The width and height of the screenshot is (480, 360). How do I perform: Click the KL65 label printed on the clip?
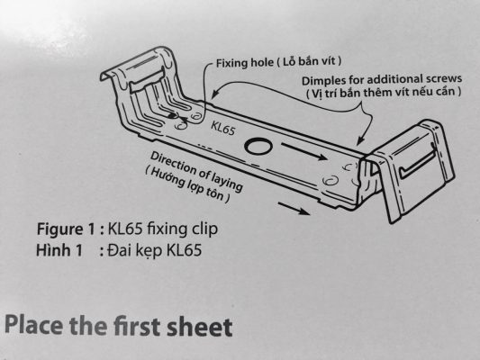[222, 128]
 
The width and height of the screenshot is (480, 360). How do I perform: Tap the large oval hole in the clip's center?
[258, 147]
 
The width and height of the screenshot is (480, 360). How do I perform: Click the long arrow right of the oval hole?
[304, 151]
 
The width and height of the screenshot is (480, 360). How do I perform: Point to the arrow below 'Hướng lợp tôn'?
[294, 208]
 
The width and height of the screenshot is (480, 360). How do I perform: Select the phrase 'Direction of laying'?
[196, 172]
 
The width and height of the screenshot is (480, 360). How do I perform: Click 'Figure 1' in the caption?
[66, 229]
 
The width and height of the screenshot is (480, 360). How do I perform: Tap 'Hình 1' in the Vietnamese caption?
[59, 250]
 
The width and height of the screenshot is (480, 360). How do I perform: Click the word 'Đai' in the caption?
[121, 250]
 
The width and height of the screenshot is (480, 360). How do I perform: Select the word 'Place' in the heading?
[34, 325]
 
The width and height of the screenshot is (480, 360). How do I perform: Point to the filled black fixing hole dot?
[172, 115]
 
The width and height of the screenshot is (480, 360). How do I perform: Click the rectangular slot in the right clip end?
[419, 164]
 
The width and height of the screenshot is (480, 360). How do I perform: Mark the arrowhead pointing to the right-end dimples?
[360, 140]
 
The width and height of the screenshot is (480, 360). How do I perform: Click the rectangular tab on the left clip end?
[147, 79]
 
